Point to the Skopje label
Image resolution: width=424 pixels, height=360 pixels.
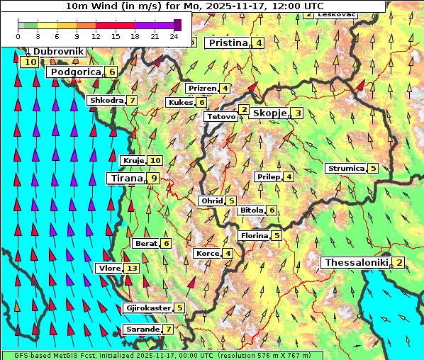click(269, 113)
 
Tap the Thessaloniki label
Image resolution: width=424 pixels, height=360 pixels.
click(356, 263)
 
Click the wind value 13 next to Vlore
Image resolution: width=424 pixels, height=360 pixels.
click(132, 269)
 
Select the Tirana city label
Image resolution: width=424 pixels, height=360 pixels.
click(125, 179)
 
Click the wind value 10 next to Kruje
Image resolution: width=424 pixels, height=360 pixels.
click(155, 161)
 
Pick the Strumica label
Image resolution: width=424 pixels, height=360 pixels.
click(345, 169)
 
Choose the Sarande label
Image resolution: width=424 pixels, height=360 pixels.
click(141, 330)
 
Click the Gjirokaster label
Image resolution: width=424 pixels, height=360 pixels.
click(147, 308)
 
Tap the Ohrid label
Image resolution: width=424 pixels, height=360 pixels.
click(212, 201)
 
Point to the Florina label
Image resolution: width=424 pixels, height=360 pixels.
click(254, 235)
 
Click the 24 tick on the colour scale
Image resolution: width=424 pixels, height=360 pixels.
click(174, 36)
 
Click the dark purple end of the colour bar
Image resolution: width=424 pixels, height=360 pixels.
click(177, 25)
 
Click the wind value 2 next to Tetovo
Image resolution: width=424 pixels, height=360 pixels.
click(244, 110)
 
